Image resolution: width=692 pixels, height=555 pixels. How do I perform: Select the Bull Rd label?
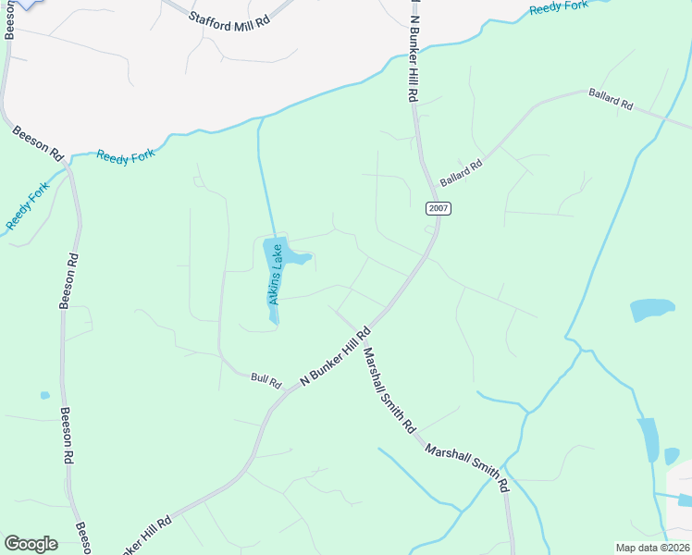[x=266, y=377]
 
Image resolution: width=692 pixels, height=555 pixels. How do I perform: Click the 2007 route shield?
[x=439, y=208]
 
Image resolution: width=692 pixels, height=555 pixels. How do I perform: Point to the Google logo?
[x=31, y=544]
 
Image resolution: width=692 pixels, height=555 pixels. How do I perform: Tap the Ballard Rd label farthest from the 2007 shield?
[x=610, y=99]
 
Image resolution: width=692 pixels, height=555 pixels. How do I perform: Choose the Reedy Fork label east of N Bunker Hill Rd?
[x=559, y=7]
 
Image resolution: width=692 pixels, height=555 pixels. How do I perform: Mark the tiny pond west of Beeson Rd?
[x=44, y=396]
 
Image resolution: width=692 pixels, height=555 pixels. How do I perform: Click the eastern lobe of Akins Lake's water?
[x=301, y=257]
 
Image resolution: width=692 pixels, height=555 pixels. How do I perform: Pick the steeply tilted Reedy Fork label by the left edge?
[x=28, y=206]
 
